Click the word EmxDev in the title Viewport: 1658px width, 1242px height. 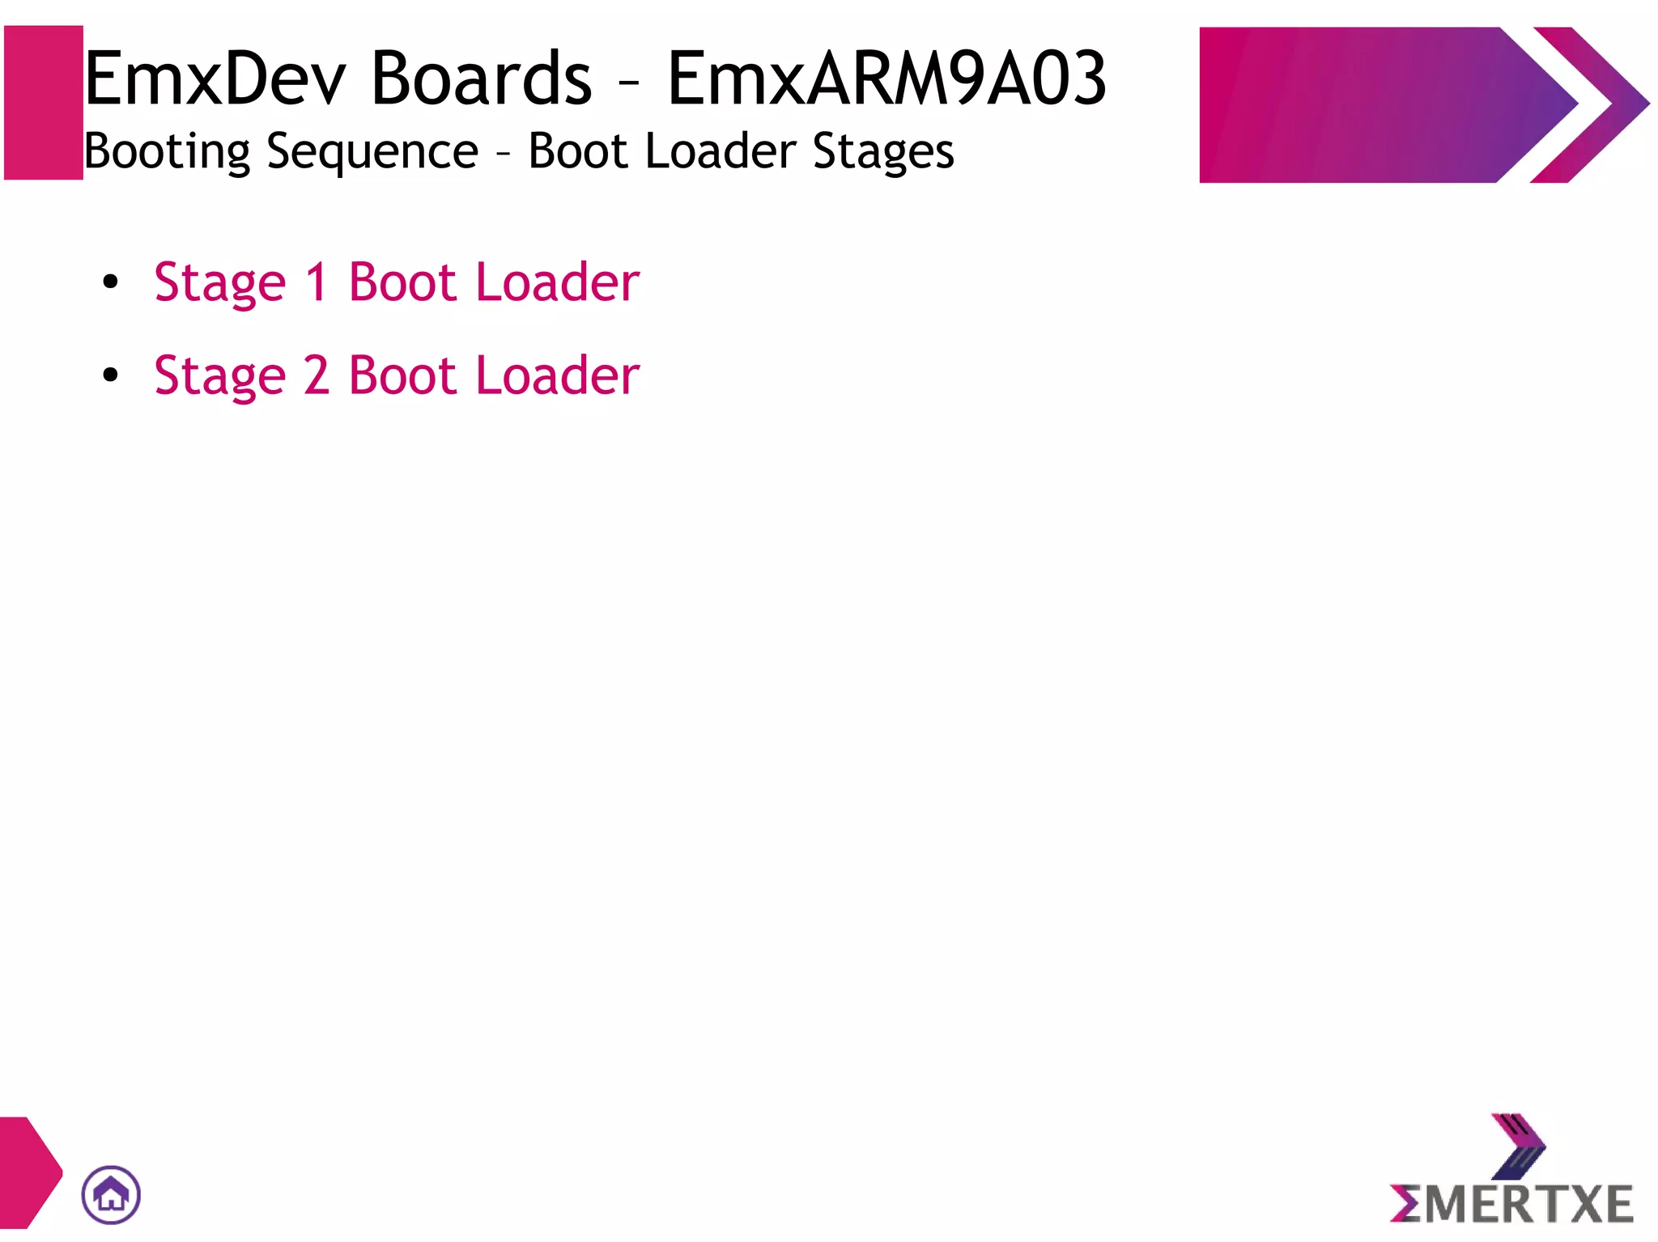[215, 79]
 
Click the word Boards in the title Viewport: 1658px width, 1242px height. [482, 79]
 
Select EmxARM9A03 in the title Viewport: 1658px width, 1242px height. [886, 79]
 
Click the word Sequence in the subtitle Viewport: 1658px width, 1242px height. [372, 152]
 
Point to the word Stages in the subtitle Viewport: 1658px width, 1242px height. [883, 152]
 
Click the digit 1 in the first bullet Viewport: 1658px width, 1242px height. [317, 282]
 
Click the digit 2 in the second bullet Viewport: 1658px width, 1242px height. [317, 375]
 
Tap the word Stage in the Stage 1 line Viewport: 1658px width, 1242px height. [220, 284]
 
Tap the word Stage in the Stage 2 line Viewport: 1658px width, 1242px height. [220, 377]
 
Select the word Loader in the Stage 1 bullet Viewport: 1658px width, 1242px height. [558, 282]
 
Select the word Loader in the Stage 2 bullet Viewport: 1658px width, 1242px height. [558, 375]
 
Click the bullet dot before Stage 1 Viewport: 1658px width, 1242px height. [111, 282]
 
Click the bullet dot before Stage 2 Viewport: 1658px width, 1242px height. [111, 375]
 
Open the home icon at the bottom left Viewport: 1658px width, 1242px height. [111, 1194]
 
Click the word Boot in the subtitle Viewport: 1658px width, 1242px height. [578, 152]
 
